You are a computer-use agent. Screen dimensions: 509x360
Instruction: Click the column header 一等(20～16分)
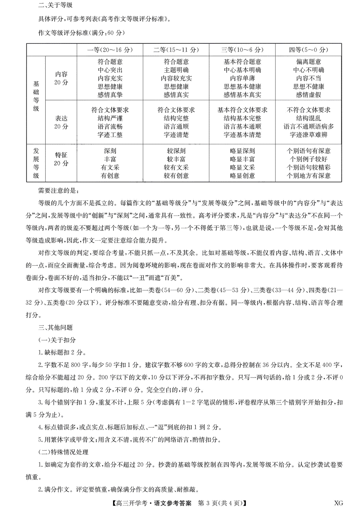110,50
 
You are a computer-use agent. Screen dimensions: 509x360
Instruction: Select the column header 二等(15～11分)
176,50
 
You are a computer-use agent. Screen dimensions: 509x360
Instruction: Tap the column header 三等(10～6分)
242,50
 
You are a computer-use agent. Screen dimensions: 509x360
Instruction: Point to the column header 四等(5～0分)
308,50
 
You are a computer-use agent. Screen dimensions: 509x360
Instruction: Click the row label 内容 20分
61,78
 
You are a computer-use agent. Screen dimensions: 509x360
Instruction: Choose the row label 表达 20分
61,122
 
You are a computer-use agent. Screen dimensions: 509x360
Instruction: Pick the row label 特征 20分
61,159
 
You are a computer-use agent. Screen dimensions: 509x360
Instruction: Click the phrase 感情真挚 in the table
110,95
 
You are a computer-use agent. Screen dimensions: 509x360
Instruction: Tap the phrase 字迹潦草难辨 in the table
308,135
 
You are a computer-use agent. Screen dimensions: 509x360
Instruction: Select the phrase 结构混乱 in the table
308,118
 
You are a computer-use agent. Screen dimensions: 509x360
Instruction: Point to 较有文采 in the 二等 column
176,167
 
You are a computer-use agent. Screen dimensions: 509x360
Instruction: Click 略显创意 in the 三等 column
242,176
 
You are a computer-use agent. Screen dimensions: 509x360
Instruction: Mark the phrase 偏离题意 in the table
308,62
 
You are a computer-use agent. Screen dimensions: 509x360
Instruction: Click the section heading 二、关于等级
55,5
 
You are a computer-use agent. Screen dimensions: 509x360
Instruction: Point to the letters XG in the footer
338,503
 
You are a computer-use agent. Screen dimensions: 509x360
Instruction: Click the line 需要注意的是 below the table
58,190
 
